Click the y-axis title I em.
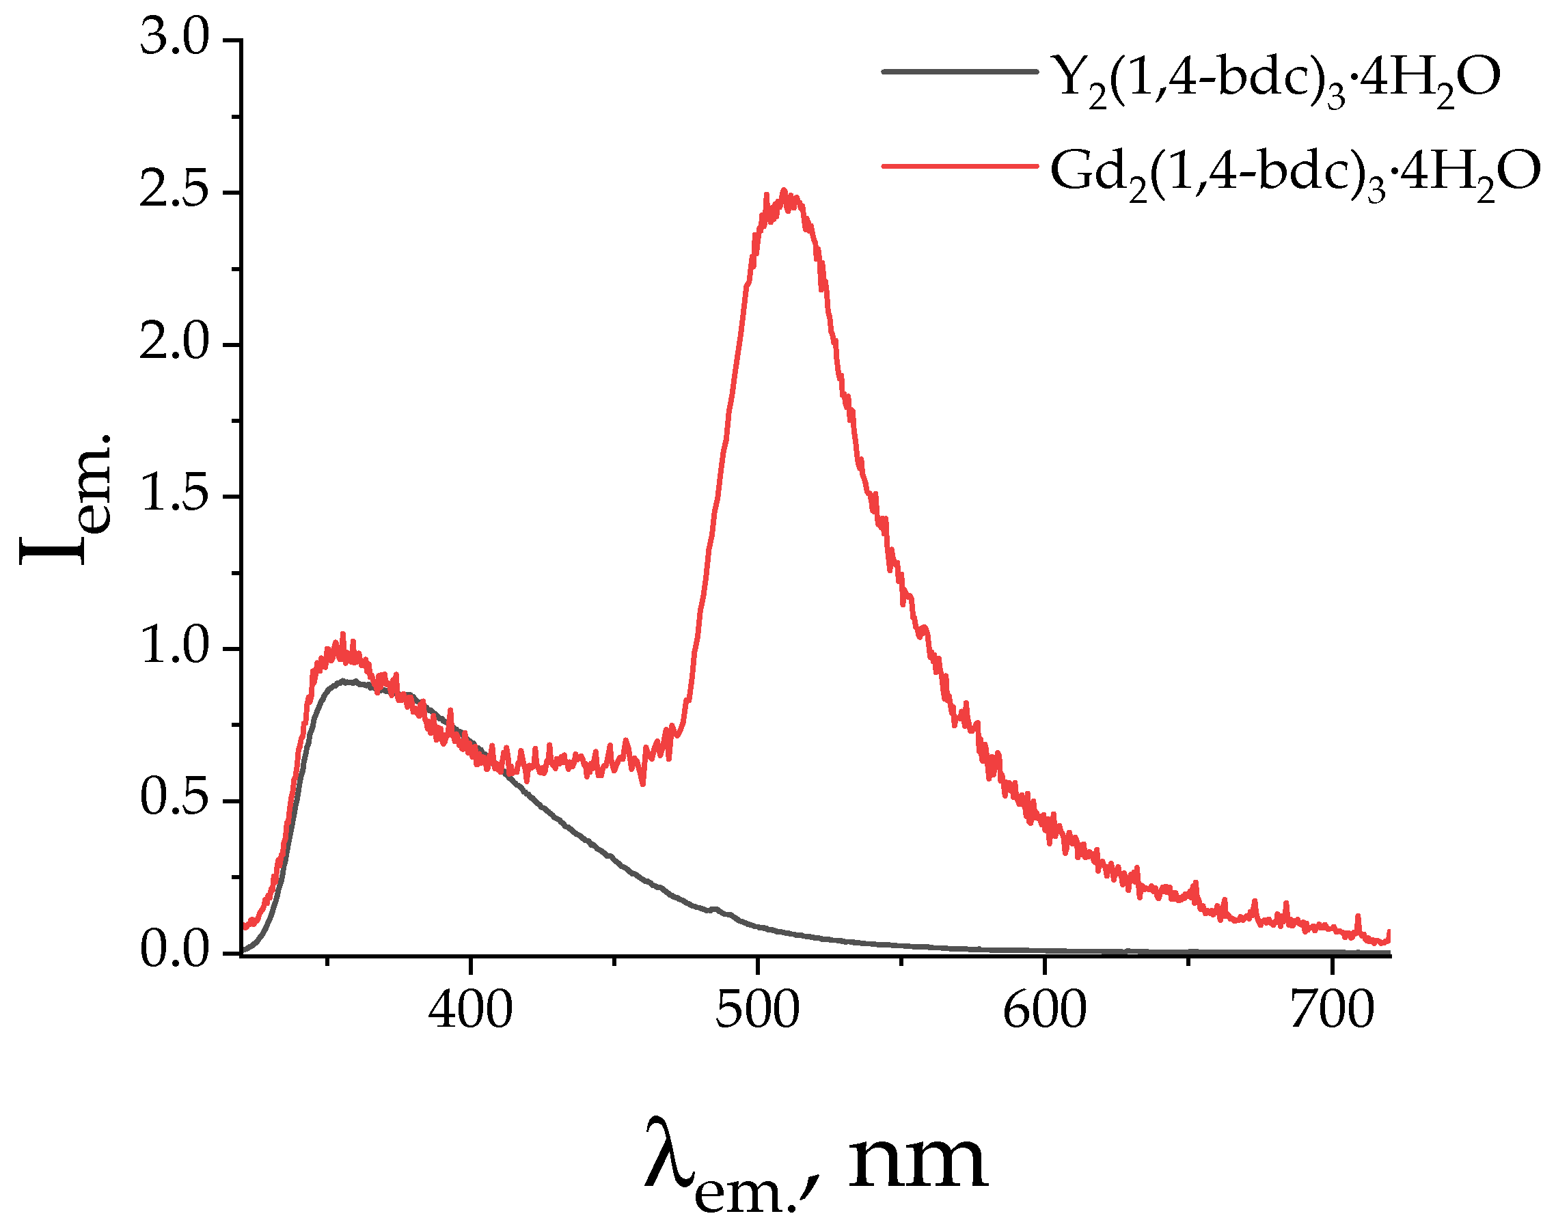[65, 497]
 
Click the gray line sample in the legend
[959, 71]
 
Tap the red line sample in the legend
[959, 167]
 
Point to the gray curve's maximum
[346, 680]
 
